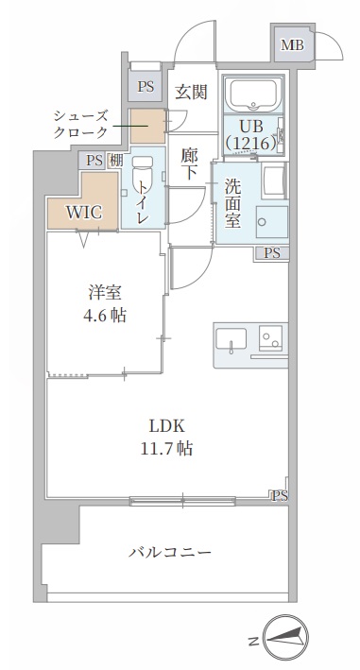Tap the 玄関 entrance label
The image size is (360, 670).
pyautogui.click(x=191, y=91)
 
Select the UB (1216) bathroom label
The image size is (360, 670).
pyautogui.click(x=249, y=133)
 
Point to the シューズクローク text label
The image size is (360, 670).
pyautogui.click(x=80, y=124)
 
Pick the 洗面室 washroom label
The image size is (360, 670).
pyautogui.click(x=232, y=200)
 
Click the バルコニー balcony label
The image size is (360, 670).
pyautogui.click(x=170, y=552)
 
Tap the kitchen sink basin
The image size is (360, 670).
pyautogui.click(x=231, y=339)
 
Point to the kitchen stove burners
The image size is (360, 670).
pyautogui.click(x=272, y=338)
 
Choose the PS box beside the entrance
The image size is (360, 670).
pyautogui.click(x=145, y=86)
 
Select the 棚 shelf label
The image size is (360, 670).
pyautogui.click(x=115, y=161)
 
